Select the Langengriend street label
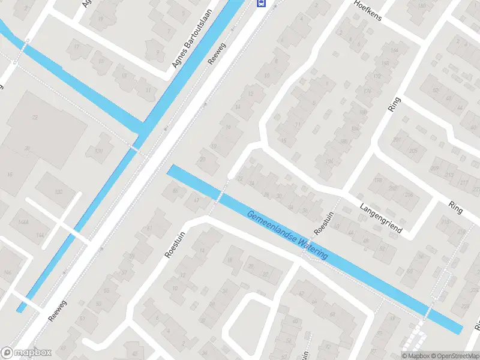380,218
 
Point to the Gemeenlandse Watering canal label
287,235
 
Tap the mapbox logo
26,352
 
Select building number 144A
23,222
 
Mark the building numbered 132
58,191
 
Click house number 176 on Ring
367,91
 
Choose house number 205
412,151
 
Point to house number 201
397,140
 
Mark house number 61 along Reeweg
149,229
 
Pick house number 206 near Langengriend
409,196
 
